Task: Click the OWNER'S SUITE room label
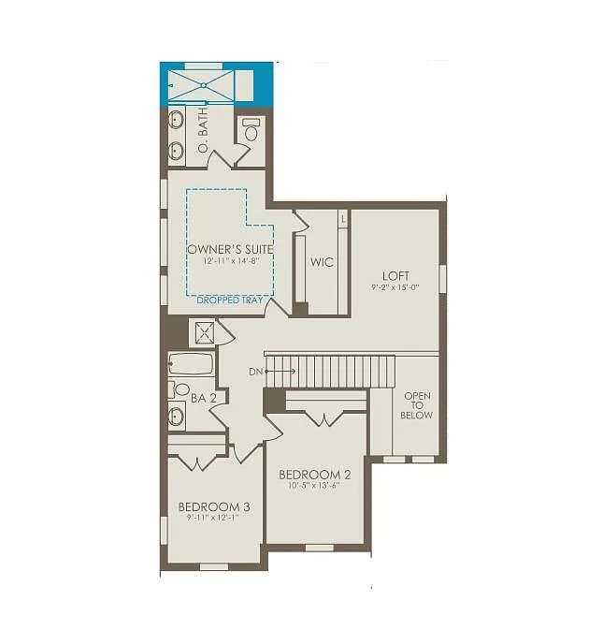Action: click(230, 249)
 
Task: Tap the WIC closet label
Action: click(323, 262)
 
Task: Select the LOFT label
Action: click(396, 275)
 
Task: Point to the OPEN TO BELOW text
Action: click(417, 405)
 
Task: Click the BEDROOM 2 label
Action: click(315, 474)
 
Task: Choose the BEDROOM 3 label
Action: click(214, 507)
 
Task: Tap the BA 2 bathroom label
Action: click(204, 398)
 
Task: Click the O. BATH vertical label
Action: click(203, 131)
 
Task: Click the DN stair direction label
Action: click(256, 373)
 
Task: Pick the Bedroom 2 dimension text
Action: click(315, 485)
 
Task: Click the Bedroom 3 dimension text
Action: click(214, 518)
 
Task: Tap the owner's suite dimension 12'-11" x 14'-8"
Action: click(230, 260)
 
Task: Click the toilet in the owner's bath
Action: click(251, 131)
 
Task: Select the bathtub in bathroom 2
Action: click(191, 364)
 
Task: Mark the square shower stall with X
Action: click(203, 333)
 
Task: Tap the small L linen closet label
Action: click(343, 218)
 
